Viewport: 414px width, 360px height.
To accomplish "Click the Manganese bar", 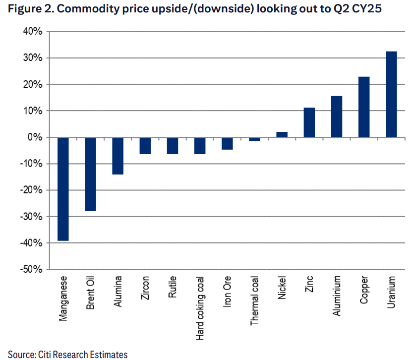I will (x=63, y=189).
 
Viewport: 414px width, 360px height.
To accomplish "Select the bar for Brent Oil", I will (x=91, y=174).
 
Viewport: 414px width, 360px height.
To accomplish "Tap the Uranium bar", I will (x=391, y=94).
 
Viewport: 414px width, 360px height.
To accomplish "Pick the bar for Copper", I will (x=364, y=107).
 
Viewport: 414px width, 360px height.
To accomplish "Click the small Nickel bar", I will (x=282, y=134).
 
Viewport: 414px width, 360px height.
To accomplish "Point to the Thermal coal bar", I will (x=254, y=139).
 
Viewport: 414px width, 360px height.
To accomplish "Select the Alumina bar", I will (x=118, y=156).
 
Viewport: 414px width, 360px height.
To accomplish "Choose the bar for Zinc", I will (x=309, y=122).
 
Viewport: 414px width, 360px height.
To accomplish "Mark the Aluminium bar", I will (x=336, y=117).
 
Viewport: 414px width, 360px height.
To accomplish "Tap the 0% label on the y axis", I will (x=36, y=137).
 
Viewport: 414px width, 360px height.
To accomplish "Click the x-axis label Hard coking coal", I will (x=200, y=308).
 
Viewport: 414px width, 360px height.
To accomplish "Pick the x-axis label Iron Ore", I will (x=227, y=292).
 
